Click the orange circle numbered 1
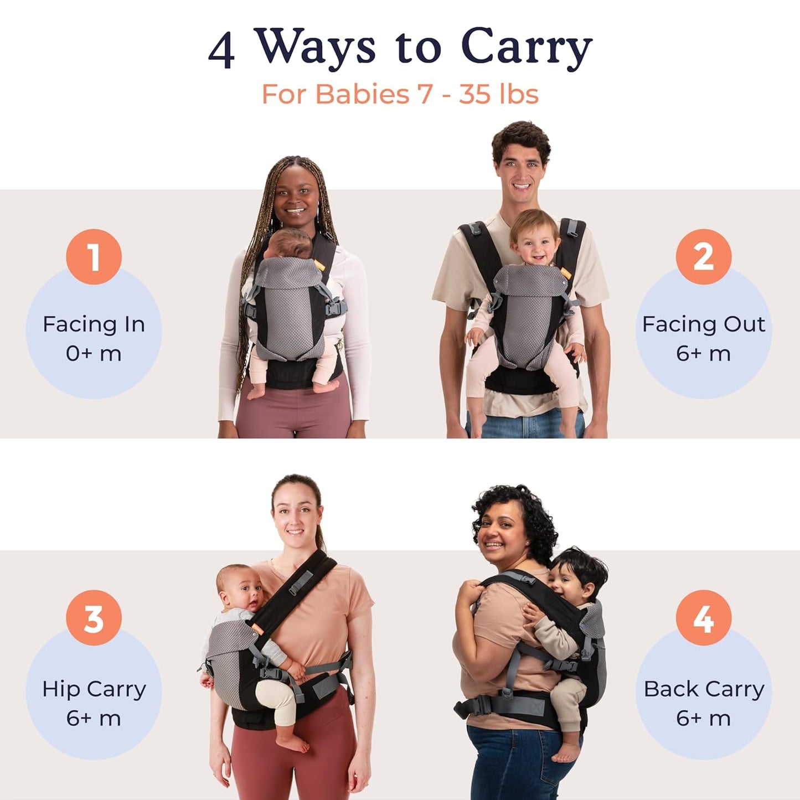(x=94, y=257)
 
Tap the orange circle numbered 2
(x=703, y=257)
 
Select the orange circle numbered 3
(x=94, y=618)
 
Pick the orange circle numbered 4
(x=703, y=618)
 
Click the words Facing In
(x=94, y=324)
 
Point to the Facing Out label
(x=703, y=324)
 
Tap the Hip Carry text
(x=94, y=689)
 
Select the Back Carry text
(x=704, y=689)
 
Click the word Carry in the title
(x=526, y=48)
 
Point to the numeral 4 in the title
(x=221, y=50)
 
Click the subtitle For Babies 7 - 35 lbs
(x=400, y=94)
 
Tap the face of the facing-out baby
(x=535, y=242)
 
